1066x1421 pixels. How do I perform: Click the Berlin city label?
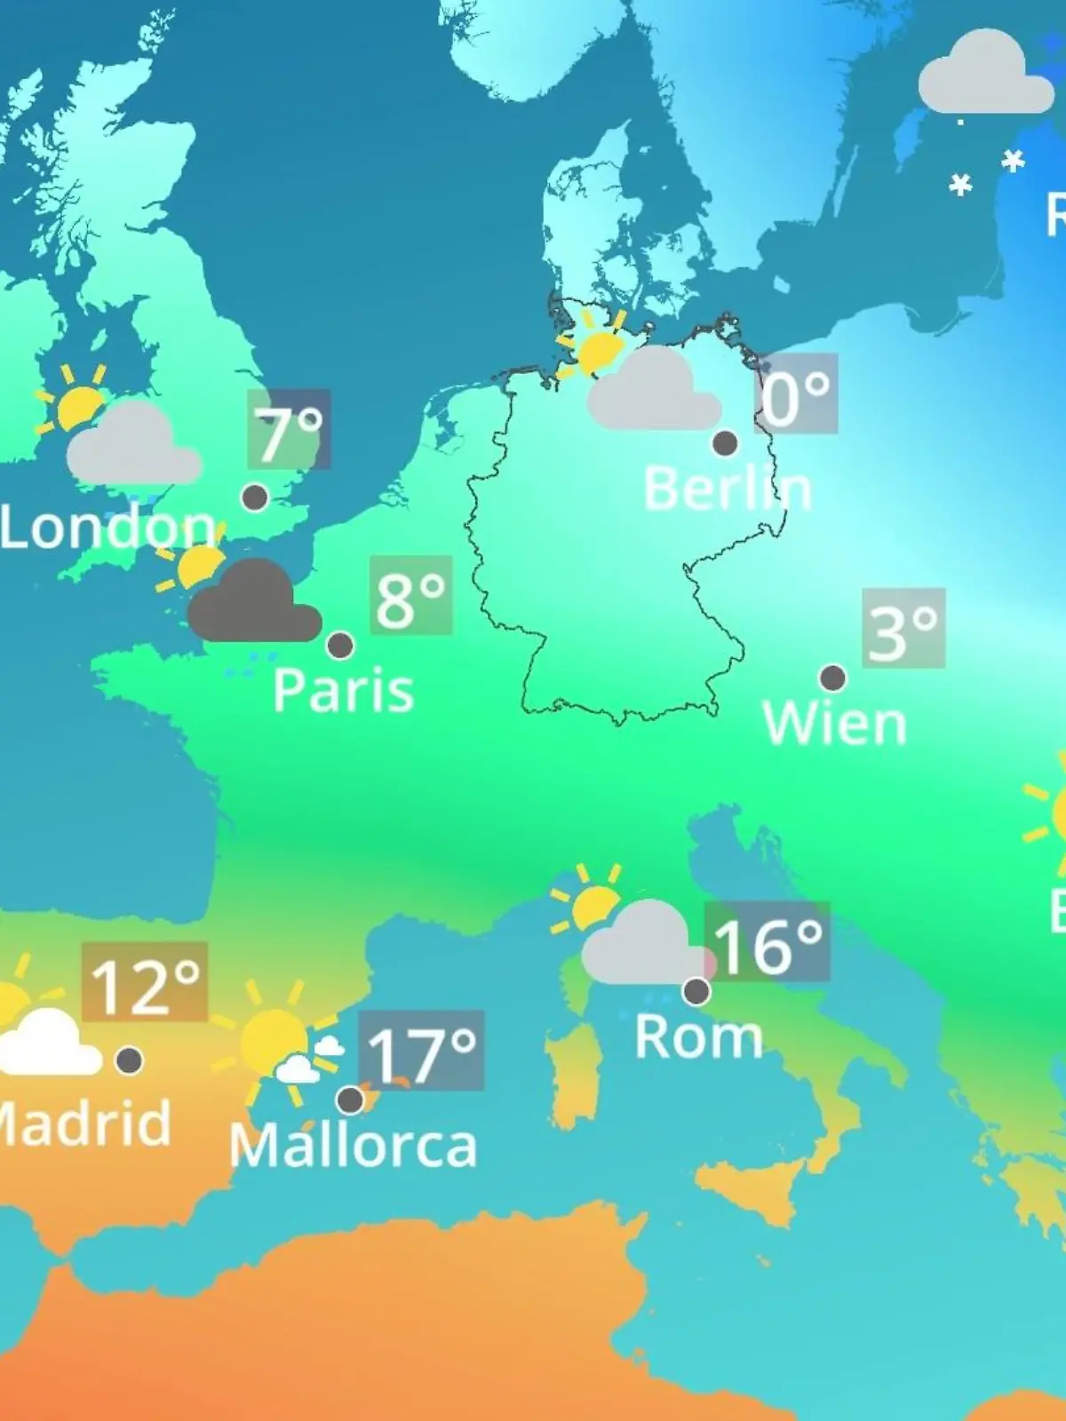(727, 488)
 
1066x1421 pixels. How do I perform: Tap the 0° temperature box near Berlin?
(797, 393)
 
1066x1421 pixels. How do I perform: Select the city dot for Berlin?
(725, 442)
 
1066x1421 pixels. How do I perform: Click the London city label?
(107, 528)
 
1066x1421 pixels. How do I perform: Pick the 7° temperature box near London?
(289, 429)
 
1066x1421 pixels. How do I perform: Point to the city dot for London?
(255, 497)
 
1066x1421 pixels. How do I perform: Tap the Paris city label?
(343, 690)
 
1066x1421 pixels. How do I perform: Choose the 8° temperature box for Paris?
(410, 595)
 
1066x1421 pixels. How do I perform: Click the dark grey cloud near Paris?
(253, 605)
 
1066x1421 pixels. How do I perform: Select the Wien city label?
(834, 724)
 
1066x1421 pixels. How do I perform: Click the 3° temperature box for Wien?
(903, 628)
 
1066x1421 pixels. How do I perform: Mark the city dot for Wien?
(832, 679)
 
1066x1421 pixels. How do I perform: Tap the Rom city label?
(698, 1036)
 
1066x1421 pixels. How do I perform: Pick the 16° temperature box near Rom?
(768, 942)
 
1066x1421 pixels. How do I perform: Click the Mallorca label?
(353, 1146)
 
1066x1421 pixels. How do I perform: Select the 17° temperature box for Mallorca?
(421, 1051)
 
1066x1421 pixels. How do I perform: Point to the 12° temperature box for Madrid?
(145, 982)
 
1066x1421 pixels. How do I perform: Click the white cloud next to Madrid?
(49, 1044)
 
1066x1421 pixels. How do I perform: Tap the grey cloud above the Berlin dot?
(654, 392)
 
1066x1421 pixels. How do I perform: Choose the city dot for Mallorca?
(350, 1099)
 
